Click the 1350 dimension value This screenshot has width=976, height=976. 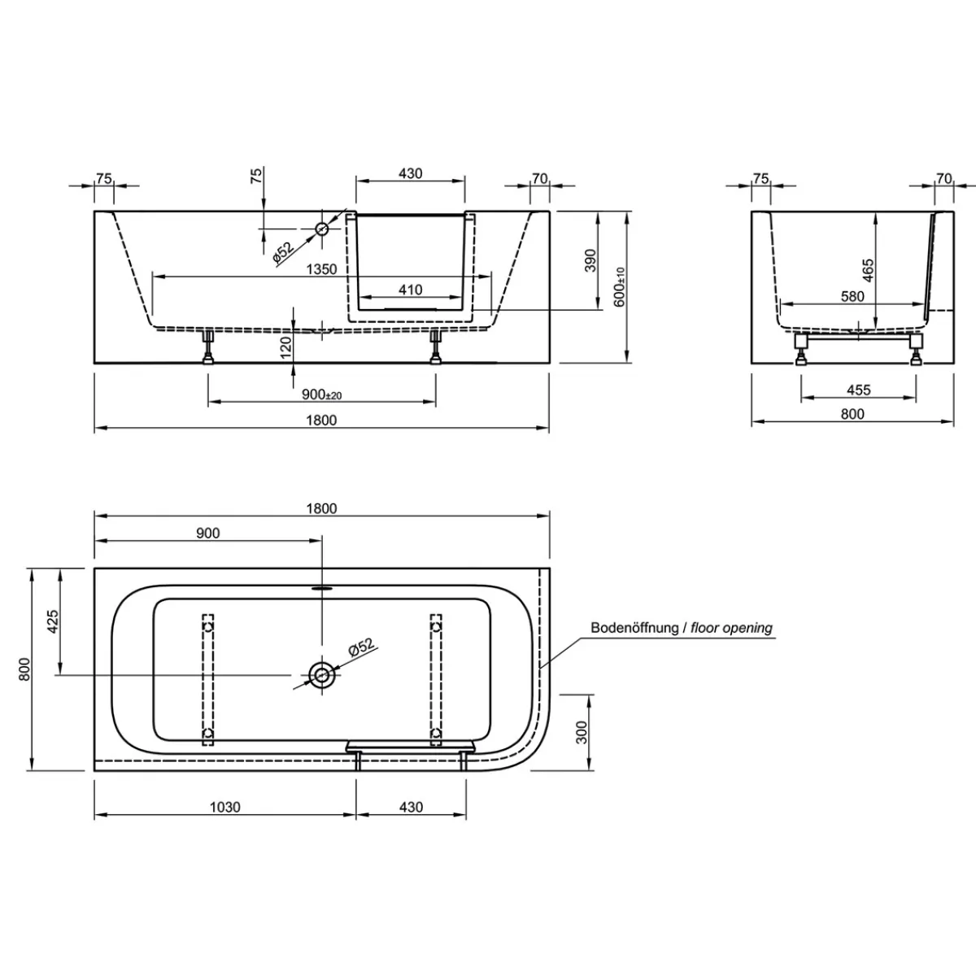[x=321, y=269]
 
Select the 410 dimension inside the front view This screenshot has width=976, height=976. [x=410, y=290]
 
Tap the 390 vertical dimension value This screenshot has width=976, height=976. [x=590, y=260]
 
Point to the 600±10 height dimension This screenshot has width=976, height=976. [x=620, y=287]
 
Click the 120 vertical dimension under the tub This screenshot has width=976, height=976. [x=285, y=347]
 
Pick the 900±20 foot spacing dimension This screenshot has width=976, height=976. [x=321, y=394]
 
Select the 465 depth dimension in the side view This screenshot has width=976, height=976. [x=868, y=271]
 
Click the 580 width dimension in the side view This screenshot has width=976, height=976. [x=852, y=296]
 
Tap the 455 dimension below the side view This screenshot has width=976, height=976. [x=859, y=390]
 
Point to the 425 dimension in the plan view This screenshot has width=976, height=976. [x=53, y=621]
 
